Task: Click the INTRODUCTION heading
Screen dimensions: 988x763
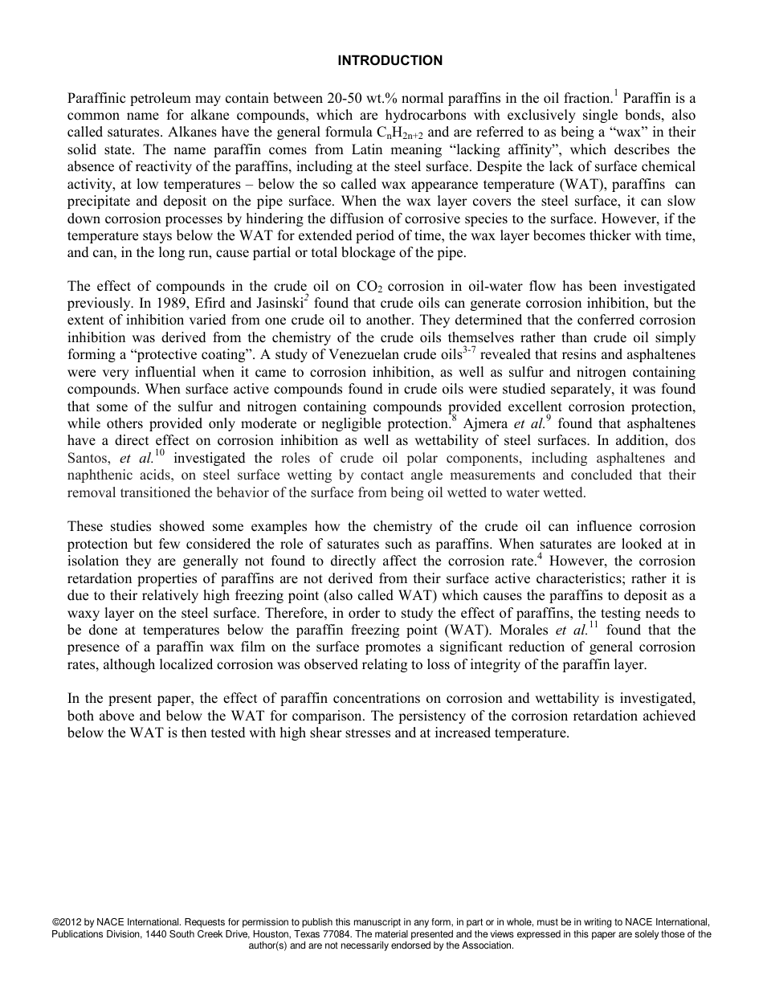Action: coord(390,60)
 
